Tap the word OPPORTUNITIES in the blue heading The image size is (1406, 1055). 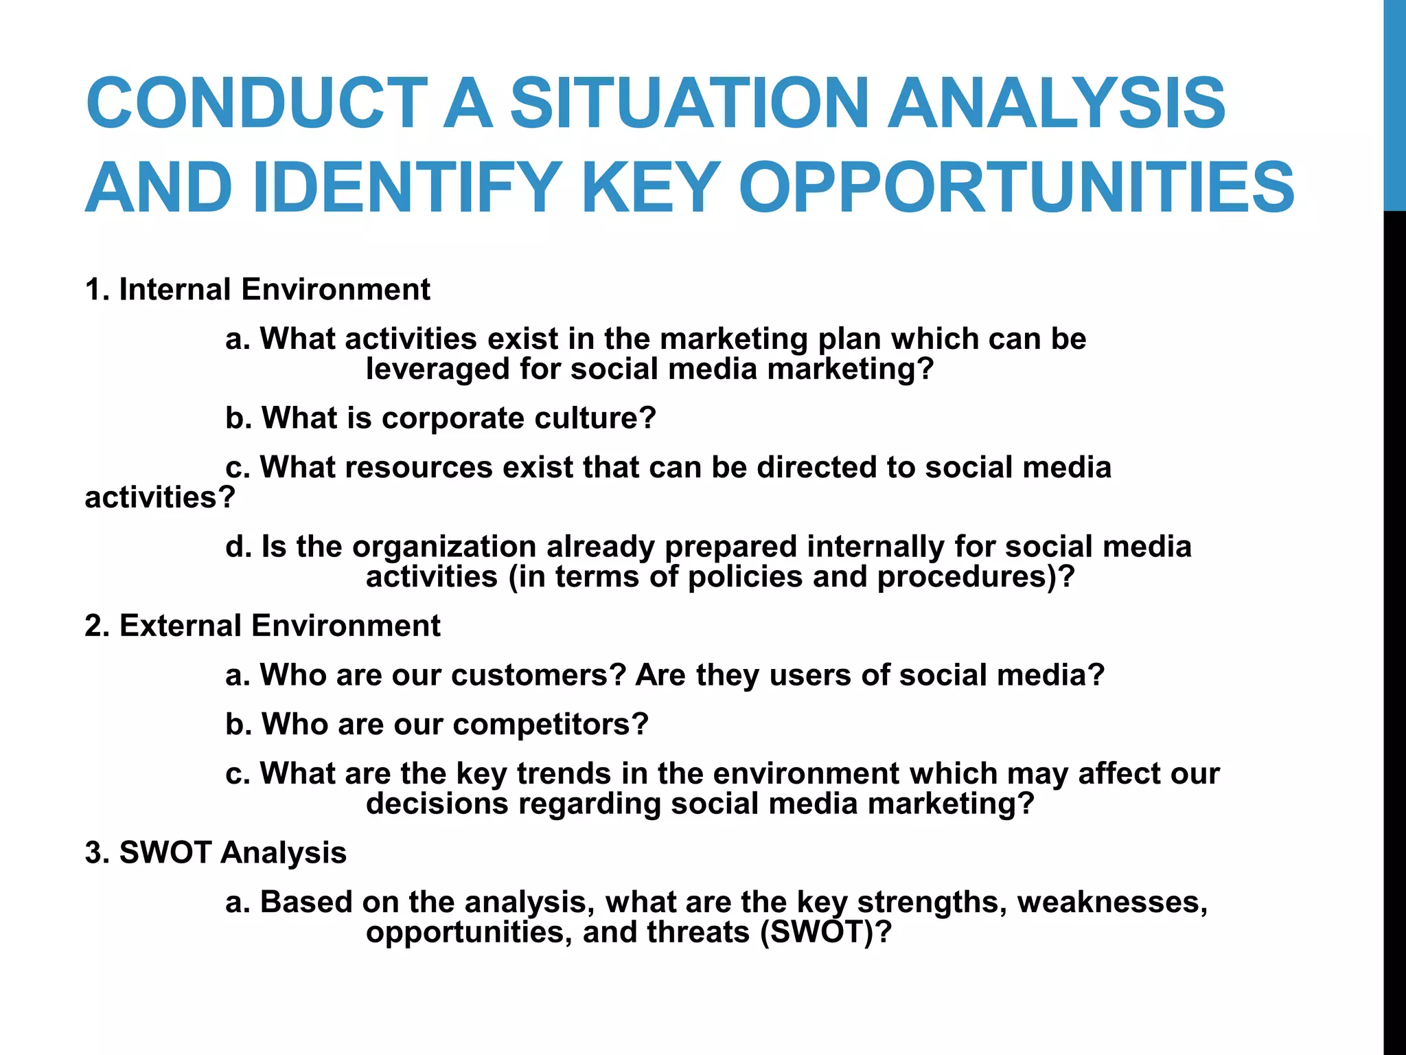pyautogui.click(x=1016, y=188)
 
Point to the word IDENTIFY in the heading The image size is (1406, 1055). pyautogui.click(x=406, y=188)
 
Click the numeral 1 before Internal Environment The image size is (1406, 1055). pyautogui.click(x=94, y=289)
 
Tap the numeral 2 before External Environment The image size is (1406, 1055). pyautogui.click(x=94, y=626)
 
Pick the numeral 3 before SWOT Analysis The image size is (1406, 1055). pyautogui.click(x=94, y=852)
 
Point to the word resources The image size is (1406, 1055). pyautogui.click(x=419, y=468)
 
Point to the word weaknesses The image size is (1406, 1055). pyautogui.click(x=1112, y=903)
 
